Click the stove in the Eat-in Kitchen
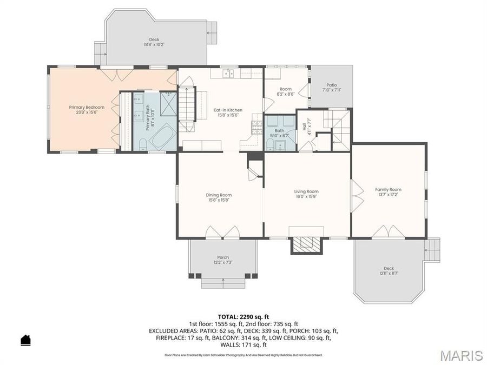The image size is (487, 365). [256, 127]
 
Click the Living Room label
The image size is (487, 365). [306, 191]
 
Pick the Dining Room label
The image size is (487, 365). [219, 195]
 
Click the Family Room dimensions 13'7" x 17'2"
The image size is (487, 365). [389, 195]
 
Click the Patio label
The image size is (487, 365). [331, 85]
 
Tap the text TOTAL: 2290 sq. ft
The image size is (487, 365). [243, 317]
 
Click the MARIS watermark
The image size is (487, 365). [461, 355]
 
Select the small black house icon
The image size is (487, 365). [25, 340]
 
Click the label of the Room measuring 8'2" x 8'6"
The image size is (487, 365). [286, 89]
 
